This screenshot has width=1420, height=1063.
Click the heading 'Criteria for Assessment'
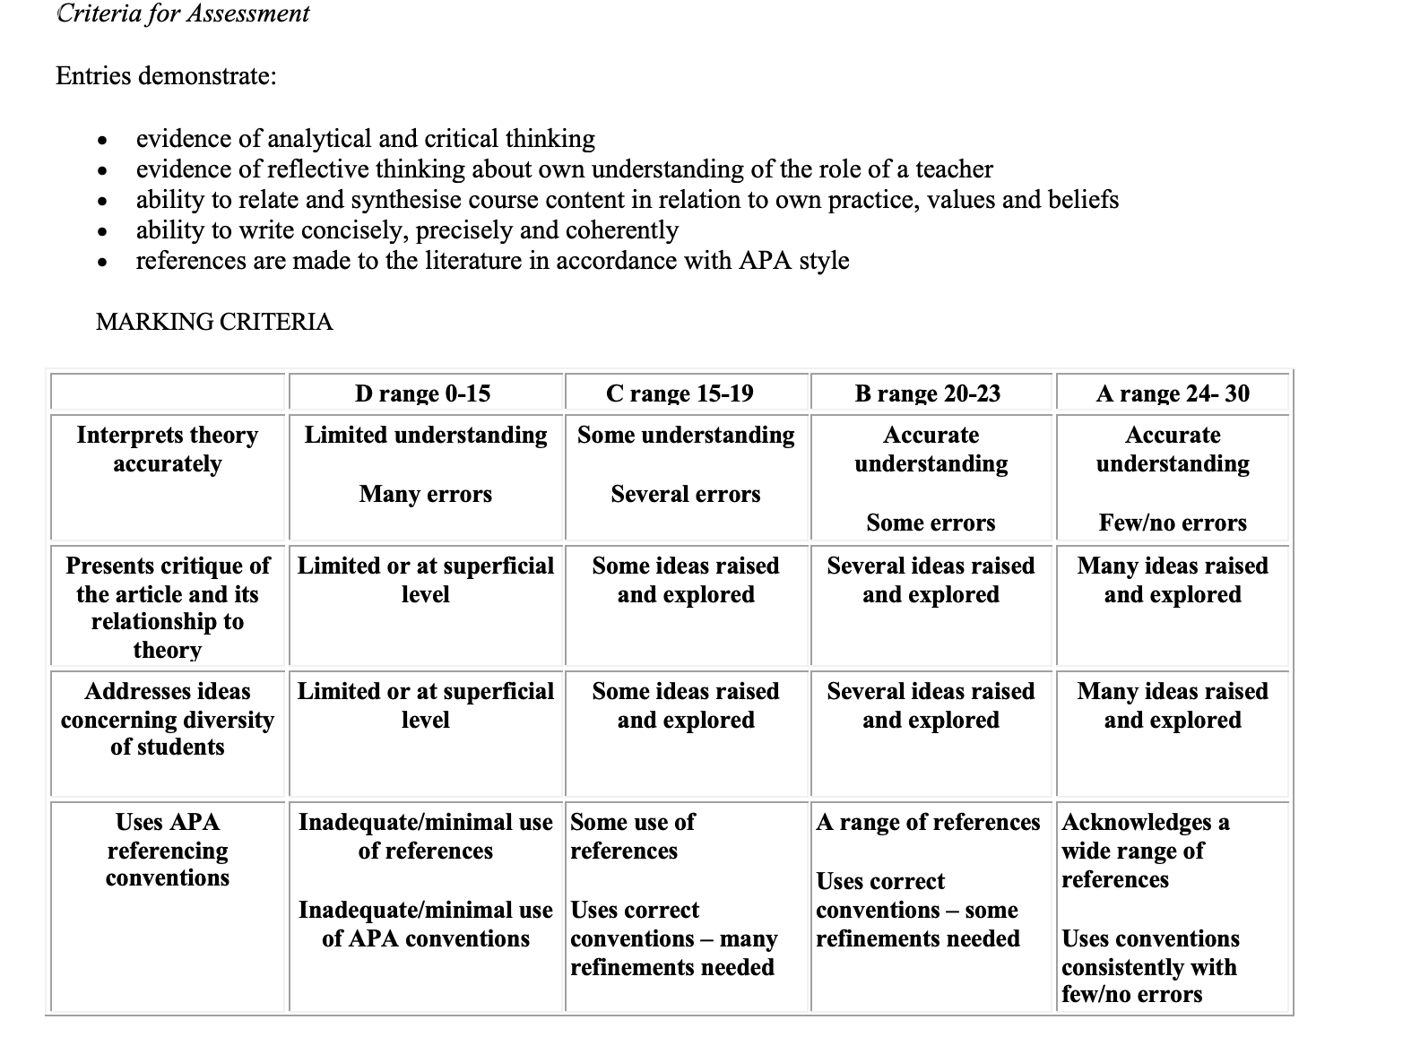(183, 13)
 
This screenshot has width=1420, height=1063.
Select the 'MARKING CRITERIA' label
(213, 322)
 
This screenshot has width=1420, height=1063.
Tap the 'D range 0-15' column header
(422, 393)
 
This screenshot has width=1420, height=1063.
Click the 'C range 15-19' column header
(680, 393)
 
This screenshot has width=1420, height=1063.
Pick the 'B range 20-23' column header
(928, 393)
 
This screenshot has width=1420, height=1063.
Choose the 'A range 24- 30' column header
(1173, 393)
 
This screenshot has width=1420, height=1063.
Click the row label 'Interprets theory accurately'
(168, 449)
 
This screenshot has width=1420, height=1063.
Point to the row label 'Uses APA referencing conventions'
(168, 850)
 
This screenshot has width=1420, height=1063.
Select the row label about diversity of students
(168, 719)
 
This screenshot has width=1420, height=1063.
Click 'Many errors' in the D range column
(426, 494)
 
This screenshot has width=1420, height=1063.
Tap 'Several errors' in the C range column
(686, 494)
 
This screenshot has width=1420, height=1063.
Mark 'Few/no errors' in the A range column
(1173, 523)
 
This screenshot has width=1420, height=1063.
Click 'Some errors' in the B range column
(931, 523)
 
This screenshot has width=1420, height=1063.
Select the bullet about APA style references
(492, 261)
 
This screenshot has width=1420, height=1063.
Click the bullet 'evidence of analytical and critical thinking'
(365, 139)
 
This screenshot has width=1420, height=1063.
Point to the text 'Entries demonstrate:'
(166, 75)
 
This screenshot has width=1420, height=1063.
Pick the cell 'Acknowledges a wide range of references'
(1145, 850)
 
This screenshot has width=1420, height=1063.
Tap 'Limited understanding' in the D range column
(426, 435)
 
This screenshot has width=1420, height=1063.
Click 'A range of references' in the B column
(928, 822)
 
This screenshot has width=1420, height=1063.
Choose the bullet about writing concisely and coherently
(407, 230)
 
